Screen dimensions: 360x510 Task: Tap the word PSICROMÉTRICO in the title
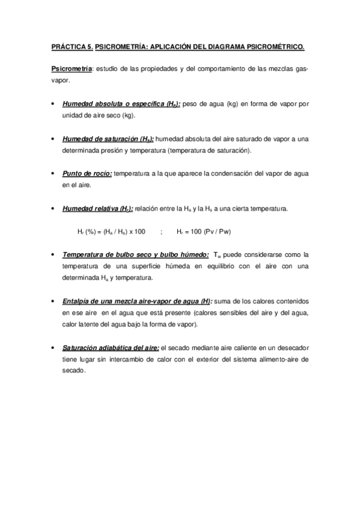pos(273,46)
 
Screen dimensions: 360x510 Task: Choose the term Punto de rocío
pos(87,174)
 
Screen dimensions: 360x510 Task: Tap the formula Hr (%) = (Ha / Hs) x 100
pos(112,231)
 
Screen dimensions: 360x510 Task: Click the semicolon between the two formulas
pos(162,231)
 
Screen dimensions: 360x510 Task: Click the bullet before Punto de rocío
pos(54,174)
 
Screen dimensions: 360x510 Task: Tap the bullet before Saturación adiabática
pos(54,348)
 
